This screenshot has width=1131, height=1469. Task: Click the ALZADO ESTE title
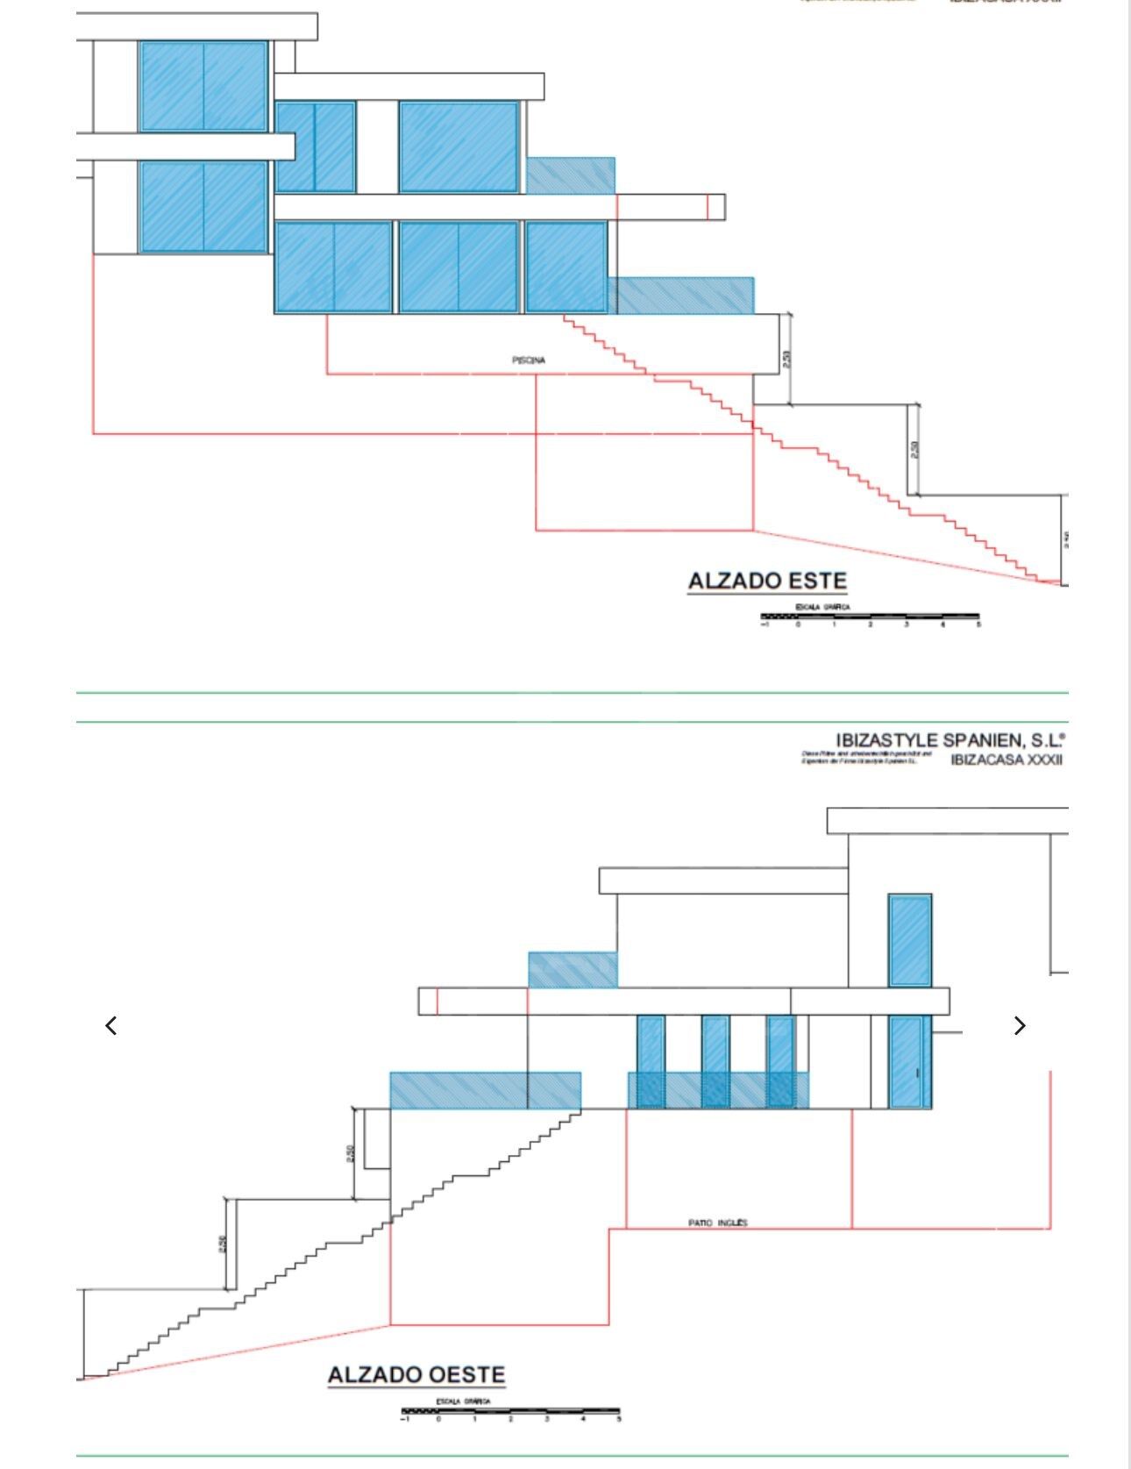point(767,581)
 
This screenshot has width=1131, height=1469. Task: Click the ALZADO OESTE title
point(416,1374)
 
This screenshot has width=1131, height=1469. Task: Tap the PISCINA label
point(529,360)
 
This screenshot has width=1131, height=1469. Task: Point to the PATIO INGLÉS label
point(718,1223)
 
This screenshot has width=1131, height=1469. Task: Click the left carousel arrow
point(111,1025)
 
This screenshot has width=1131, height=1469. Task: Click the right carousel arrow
point(1019,1025)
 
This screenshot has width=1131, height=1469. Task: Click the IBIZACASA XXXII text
point(1006,759)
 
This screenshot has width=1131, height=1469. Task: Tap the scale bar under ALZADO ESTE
point(870,617)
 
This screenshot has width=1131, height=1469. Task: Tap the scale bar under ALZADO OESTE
point(510,1411)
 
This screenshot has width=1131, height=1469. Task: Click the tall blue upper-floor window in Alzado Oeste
point(910,940)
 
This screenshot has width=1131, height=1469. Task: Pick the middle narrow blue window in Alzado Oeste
point(715,1061)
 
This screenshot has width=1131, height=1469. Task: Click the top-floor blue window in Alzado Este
point(203,86)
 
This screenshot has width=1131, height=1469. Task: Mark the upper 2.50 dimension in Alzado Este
point(786,359)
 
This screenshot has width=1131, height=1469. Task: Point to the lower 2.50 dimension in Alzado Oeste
point(224,1243)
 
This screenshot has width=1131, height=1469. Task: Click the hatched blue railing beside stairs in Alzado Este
point(681,296)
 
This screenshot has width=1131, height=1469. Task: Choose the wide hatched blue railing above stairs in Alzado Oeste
point(485,1090)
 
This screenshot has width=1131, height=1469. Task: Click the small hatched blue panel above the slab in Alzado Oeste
point(573,970)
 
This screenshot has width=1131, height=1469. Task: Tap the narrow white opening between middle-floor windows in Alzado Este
point(377,146)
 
